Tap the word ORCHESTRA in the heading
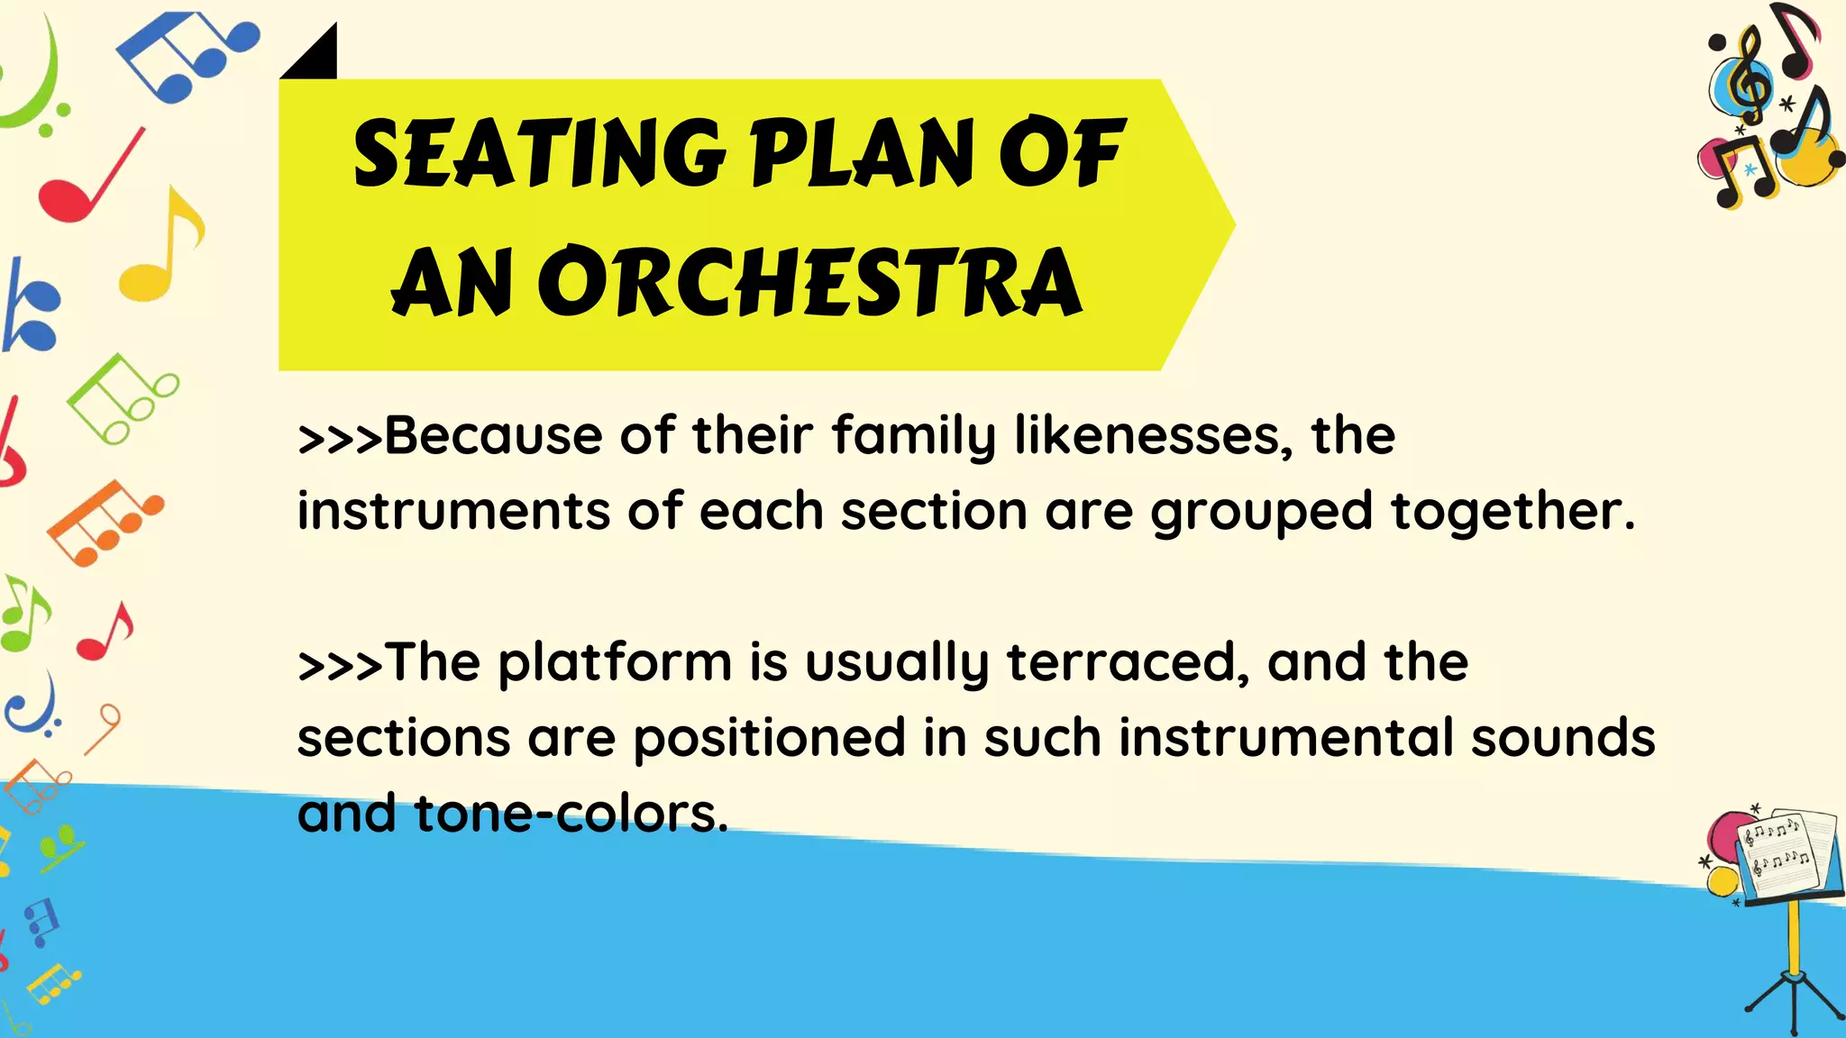pos(810,283)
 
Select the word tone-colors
pos(570,814)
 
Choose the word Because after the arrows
pos(493,435)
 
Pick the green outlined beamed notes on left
pos(122,396)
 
